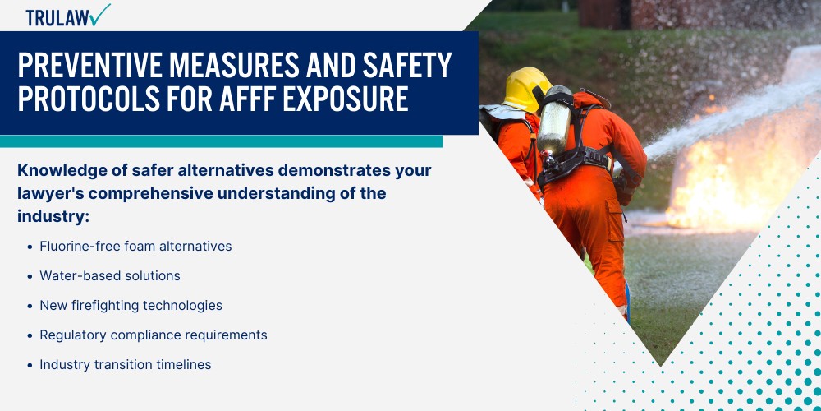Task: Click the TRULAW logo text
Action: click(57, 18)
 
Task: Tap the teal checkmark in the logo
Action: click(99, 15)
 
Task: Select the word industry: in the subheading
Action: click(53, 216)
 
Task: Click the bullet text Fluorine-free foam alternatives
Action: click(135, 246)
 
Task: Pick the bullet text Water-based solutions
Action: click(110, 275)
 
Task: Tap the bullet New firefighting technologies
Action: click(131, 305)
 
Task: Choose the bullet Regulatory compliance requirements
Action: click(154, 335)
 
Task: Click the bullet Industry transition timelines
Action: click(126, 364)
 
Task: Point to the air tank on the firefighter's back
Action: click(555, 125)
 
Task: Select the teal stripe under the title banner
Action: click(222, 141)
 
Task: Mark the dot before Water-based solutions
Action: click(30, 276)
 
